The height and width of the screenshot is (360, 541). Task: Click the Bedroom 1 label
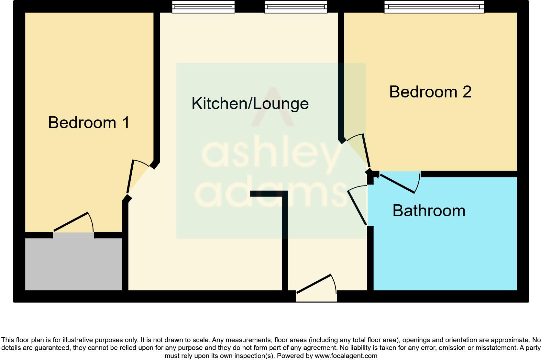89,123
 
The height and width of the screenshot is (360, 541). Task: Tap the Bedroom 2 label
430,92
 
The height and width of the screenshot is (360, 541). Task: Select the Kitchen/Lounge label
250,104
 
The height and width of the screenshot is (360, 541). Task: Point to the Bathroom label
429,211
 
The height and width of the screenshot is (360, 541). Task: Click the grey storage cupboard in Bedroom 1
73,264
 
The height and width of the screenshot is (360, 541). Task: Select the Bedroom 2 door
366,150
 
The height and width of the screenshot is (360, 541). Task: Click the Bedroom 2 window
434,6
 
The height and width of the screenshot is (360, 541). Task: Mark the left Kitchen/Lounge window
203,6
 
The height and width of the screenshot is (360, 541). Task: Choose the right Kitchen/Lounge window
296,6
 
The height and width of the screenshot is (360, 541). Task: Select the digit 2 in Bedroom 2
467,92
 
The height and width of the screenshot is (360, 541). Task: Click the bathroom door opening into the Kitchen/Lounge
357,207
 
